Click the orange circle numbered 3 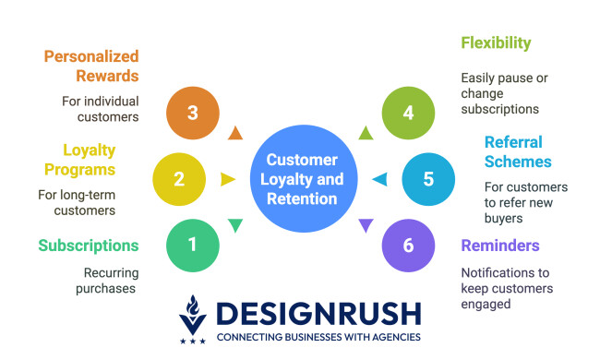click(192, 113)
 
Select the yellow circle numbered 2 click(179, 178)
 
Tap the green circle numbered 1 click(192, 244)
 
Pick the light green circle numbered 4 click(408, 113)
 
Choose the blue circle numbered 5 click(427, 178)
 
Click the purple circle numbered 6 click(408, 244)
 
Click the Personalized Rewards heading click(91, 66)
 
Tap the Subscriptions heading click(89, 245)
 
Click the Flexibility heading click(496, 43)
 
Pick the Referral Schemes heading click(513, 153)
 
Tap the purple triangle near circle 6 click(366, 224)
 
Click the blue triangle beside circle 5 click(378, 179)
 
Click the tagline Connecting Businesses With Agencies click(318, 337)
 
